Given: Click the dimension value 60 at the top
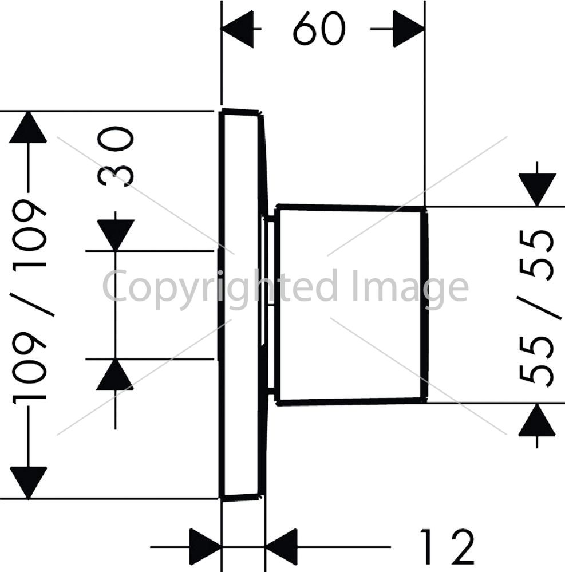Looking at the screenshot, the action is tap(319, 29).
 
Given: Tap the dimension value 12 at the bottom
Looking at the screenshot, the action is tap(447, 546).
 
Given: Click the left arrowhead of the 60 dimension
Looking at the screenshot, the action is tap(237, 29).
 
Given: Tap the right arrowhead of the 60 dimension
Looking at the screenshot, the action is tap(409, 29).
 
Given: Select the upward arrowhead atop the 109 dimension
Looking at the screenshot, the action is tap(28, 127).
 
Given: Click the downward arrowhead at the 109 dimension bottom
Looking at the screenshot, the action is tap(29, 482).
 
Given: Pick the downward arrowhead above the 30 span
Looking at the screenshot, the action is tap(116, 235).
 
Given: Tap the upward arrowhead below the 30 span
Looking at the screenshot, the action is tap(115, 374).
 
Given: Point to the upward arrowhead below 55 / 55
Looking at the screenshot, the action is tap(537, 420).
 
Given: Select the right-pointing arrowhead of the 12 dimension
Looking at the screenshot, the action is tap(206, 546).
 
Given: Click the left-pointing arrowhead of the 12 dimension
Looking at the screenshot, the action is tap(281, 546).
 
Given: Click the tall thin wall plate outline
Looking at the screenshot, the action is tap(220, 305).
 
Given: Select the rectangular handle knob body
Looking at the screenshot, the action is tap(350, 305).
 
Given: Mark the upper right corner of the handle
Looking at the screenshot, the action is tap(425, 208).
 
